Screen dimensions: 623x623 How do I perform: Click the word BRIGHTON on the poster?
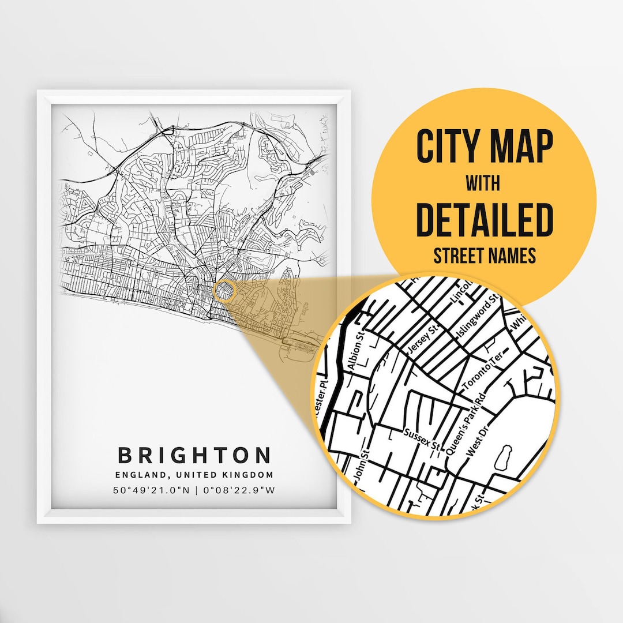coord(194,455)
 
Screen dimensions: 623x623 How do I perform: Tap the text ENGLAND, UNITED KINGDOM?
coord(194,475)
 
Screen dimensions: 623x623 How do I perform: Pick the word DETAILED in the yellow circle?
coord(485,219)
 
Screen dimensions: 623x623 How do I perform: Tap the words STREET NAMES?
coord(485,254)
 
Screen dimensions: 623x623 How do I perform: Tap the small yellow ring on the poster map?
coord(224,291)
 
